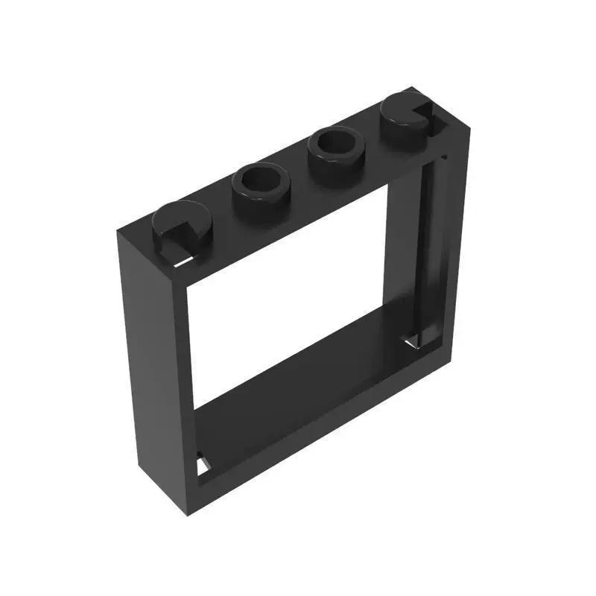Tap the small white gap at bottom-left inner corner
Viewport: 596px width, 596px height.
[x=202, y=465]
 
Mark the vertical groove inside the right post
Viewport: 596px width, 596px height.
[x=428, y=238]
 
